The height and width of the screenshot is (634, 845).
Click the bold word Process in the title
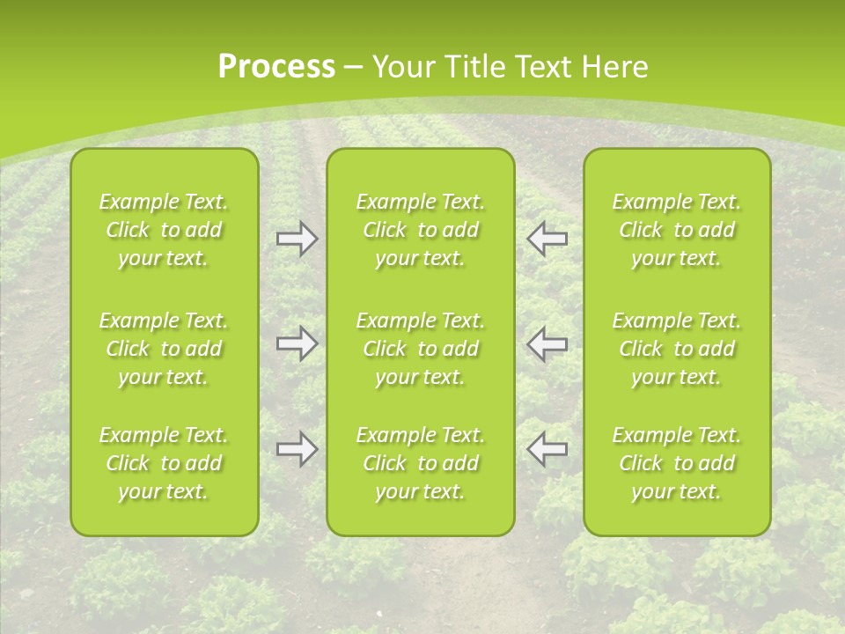click(276, 67)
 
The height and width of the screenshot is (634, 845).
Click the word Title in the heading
click(479, 67)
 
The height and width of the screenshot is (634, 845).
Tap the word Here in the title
click(616, 67)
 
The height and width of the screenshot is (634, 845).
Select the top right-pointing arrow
click(297, 239)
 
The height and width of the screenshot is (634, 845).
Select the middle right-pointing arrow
click(297, 343)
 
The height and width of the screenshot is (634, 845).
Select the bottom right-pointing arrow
click(297, 449)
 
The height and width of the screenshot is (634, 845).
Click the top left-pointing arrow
click(547, 239)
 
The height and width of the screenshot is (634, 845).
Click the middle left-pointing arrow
click(547, 343)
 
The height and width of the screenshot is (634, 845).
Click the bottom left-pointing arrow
click(547, 449)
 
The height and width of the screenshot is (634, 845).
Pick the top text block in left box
click(164, 230)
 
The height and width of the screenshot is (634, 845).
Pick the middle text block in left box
click(164, 349)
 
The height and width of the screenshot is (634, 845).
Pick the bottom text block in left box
click(164, 463)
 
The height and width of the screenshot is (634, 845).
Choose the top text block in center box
click(420, 230)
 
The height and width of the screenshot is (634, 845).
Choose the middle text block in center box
click(420, 349)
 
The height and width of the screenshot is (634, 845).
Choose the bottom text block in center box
click(420, 463)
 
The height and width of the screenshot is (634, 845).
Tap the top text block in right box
click(676, 230)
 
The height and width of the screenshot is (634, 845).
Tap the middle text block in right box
click(676, 349)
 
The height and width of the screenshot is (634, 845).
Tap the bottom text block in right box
click(676, 463)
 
